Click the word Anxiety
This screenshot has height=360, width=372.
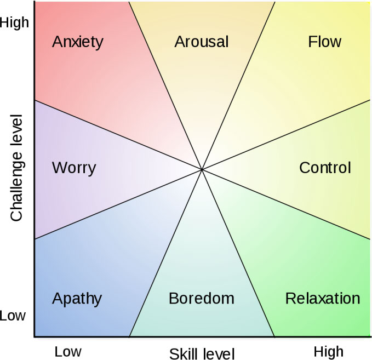coord(78,42)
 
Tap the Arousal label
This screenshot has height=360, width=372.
coord(202,42)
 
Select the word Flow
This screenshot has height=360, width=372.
coord(325,42)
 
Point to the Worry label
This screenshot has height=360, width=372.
coord(74,168)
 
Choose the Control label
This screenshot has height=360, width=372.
coord(325,168)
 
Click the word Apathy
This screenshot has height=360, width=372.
coord(77,299)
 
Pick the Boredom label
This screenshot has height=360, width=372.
coord(202,299)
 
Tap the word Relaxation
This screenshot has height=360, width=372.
coord(323,299)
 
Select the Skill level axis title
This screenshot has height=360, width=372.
coord(202,353)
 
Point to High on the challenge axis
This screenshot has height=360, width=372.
coord(14,22)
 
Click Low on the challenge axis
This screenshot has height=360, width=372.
coord(13,316)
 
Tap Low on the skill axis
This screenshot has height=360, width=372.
coord(68,351)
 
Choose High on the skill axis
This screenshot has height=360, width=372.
coord(329,351)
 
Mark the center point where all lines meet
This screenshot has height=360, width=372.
coord(202,169)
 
